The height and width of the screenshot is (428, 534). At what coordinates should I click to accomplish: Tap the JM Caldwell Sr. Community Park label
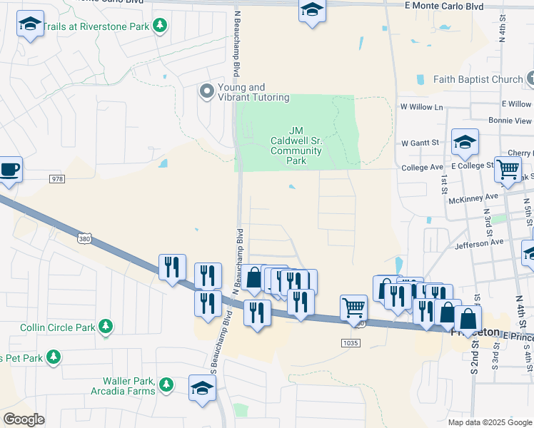pyautogui.click(x=296, y=146)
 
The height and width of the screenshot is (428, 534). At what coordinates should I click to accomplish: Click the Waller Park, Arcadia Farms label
pyautogui.click(x=123, y=386)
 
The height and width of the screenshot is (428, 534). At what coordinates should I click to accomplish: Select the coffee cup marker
pyautogui.click(x=10, y=170)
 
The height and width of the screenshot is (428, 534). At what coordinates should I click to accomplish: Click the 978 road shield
pyautogui.click(x=57, y=178)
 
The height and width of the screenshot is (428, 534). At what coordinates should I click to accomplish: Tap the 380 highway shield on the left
pyautogui.click(x=84, y=237)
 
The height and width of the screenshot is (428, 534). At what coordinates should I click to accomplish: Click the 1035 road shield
pyautogui.click(x=351, y=343)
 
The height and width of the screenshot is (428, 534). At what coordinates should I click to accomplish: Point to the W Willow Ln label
pyautogui.click(x=422, y=107)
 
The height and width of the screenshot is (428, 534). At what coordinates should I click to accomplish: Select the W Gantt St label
pyautogui.click(x=420, y=143)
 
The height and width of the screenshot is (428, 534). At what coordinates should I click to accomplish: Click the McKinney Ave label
pyautogui.click(x=473, y=198)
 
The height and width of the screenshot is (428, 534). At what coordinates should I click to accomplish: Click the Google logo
pyautogui.click(x=24, y=419)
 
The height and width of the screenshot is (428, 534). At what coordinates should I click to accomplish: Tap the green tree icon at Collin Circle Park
pyautogui.click(x=106, y=327)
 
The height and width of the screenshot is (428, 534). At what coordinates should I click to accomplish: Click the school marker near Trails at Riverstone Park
pyautogui.click(x=30, y=26)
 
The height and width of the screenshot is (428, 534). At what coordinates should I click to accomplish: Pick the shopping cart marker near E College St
pyautogui.click(x=508, y=170)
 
